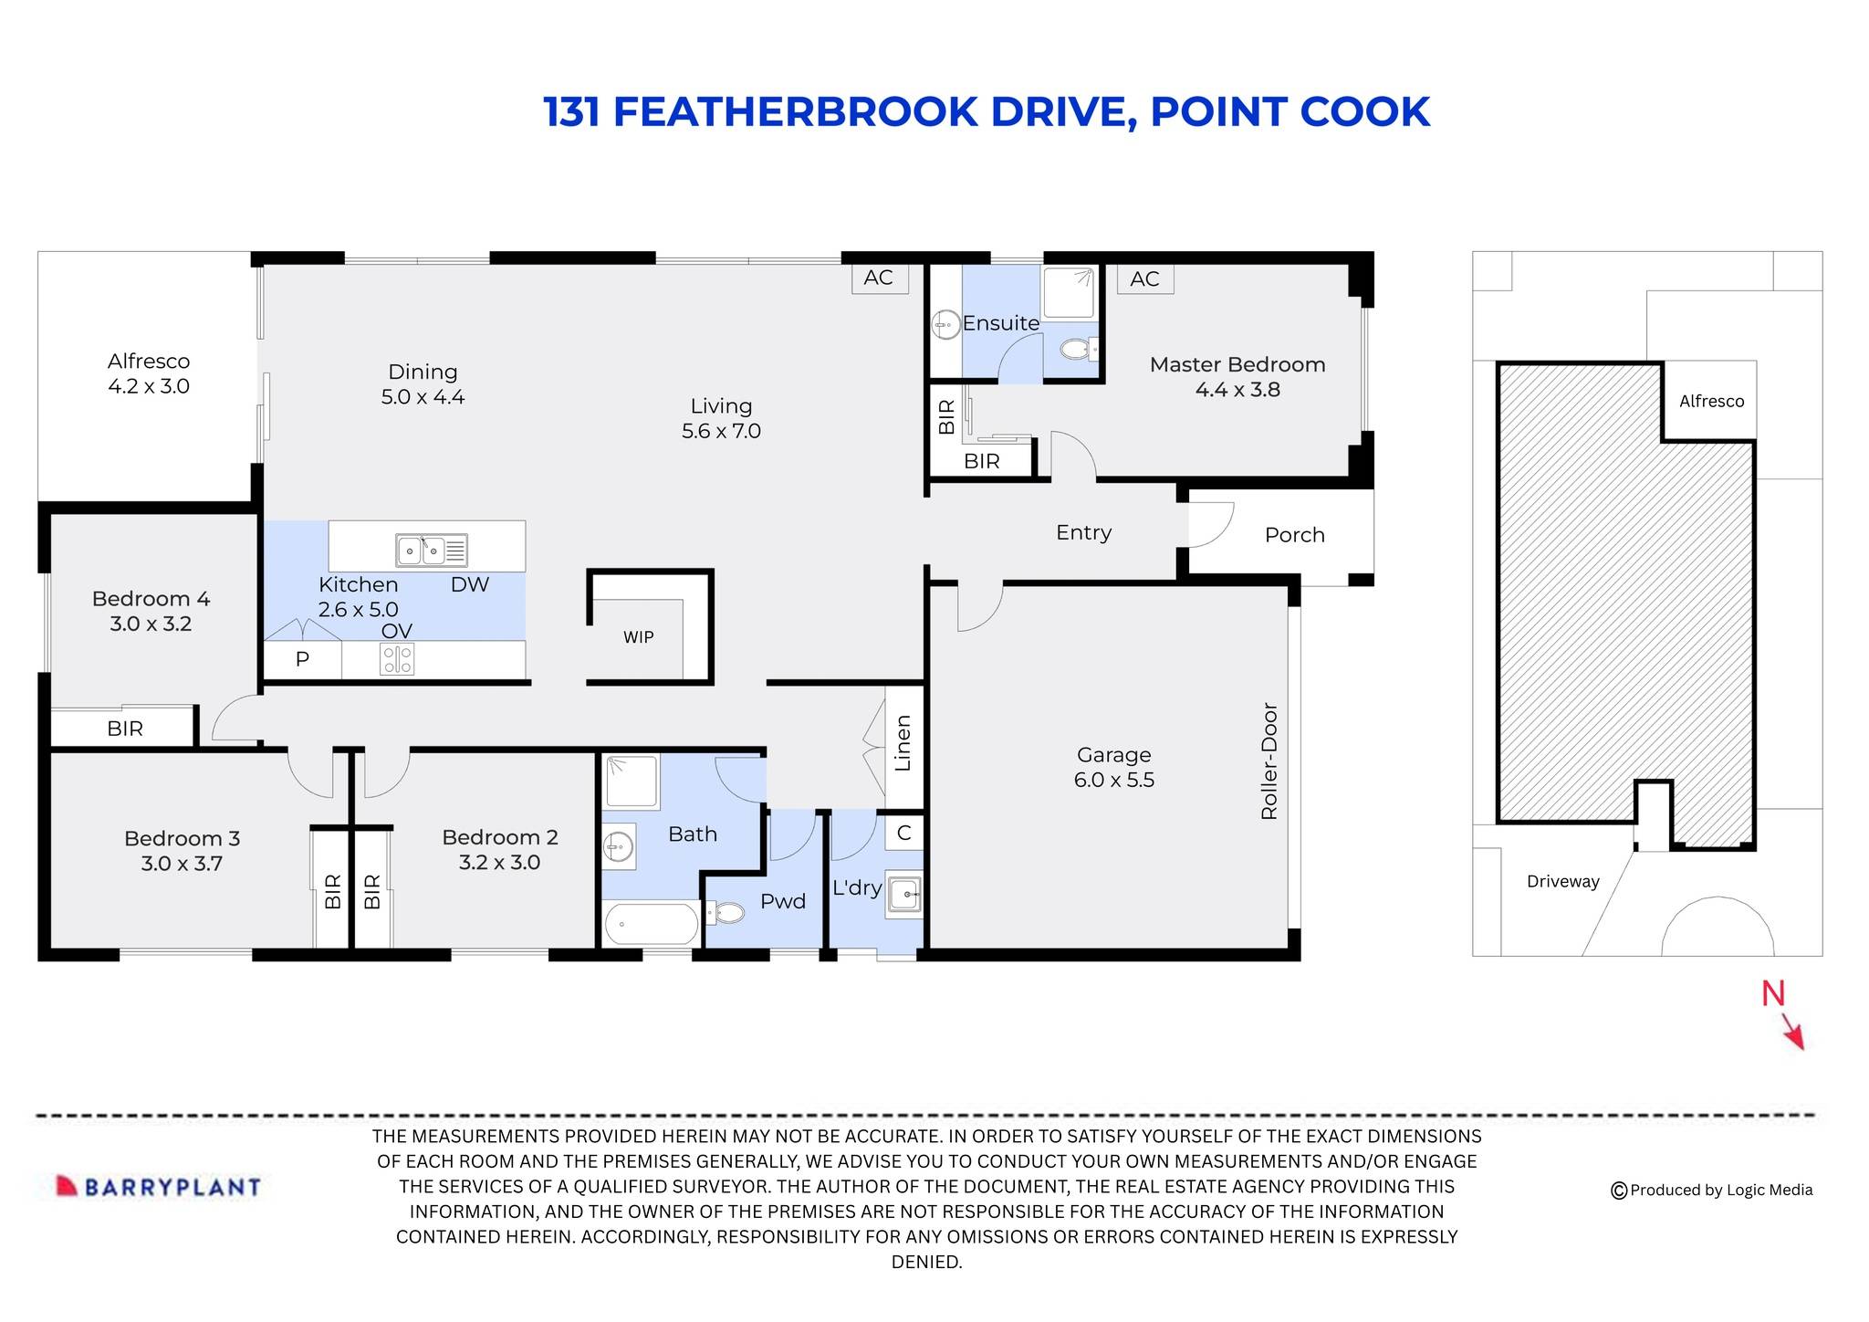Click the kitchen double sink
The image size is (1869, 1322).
tap(421, 551)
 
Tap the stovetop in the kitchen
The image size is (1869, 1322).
tap(397, 658)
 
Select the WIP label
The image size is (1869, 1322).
tap(638, 637)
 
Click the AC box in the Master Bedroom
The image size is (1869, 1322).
tap(1144, 279)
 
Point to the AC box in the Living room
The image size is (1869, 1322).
tap(878, 278)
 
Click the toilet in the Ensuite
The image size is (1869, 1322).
tap(1080, 348)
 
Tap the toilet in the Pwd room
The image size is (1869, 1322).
tap(727, 912)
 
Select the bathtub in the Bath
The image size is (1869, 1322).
tap(651, 924)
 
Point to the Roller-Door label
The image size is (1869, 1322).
tap(1269, 761)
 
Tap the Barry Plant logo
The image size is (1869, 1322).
tap(159, 1186)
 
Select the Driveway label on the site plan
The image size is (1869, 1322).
tap(1562, 881)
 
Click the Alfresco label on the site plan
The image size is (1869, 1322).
tap(1711, 401)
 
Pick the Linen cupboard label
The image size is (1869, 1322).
tap(903, 743)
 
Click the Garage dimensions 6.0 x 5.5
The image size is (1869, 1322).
tap(1113, 780)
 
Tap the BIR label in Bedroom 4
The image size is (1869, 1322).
tap(125, 729)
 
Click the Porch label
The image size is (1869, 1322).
tap(1294, 535)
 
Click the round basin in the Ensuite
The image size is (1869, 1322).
tap(945, 324)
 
